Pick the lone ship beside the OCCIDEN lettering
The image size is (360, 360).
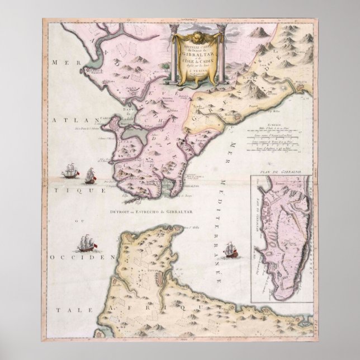(87, 245)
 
